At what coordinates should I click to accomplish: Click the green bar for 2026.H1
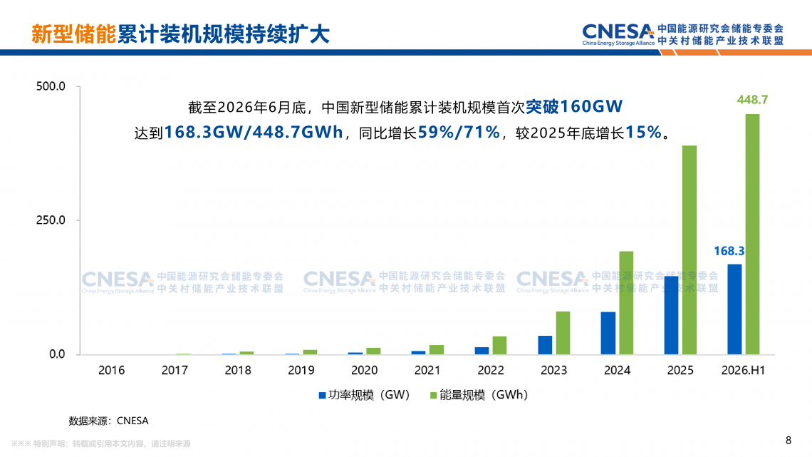(752, 234)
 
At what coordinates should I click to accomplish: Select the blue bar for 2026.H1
(734, 309)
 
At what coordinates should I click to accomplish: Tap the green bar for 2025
(689, 250)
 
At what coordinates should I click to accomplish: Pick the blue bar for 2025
(671, 315)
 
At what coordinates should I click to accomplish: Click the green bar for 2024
(626, 303)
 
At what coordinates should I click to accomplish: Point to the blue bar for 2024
(608, 333)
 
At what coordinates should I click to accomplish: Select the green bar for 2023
(563, 333)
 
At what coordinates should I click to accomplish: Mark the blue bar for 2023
(545, 345)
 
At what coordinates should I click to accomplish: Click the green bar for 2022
(500, 346)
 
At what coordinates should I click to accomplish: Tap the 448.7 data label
(752, 100)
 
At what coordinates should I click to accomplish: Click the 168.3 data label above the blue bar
(729, 251)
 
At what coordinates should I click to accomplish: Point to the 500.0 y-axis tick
(51, 86)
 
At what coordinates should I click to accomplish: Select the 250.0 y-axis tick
(51, 220)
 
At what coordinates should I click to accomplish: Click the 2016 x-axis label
(111, 370)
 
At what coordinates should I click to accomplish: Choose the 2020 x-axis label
(364, 370)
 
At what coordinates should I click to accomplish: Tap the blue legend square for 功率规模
(322, 396)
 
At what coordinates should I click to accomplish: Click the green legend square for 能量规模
(434, 396)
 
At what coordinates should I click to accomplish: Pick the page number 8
(788, 441)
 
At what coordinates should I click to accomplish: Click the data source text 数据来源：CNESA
(109, 421)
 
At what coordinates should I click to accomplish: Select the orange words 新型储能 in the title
(74, 34)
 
